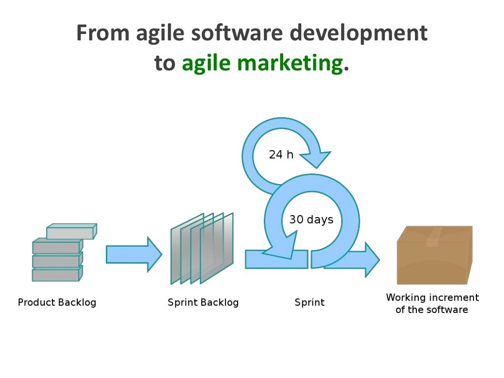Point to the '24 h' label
point(281,155)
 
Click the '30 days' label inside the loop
point(311,220)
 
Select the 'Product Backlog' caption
point(57,302)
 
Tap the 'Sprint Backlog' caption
point(203,302)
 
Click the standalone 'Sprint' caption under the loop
point(310,302)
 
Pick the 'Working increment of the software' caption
point(432,304)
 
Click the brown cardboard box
point(434,261)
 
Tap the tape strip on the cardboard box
point(435,236)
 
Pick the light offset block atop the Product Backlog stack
point(72,232)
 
